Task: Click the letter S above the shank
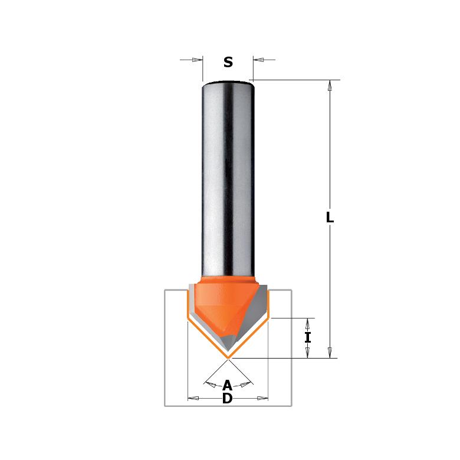click(x=228, y=63)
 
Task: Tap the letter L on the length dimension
click(x=330, y=218)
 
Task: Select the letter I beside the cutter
click(x=307, y=338)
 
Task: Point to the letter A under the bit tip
click(x=228, y=386)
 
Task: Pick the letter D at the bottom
click(x=228, y=399)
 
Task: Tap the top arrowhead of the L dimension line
click(x=330, y=86)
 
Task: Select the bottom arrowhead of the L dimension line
click(x=330, y=352)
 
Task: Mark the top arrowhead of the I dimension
click(x=307, y=324)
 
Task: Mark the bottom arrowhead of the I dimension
click(x=307, y=352)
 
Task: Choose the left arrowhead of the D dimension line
click(x=193, y=399)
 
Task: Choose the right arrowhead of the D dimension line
click(x=262, y=399)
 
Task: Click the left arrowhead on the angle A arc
click(x=210, y=383)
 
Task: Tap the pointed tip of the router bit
click(x=228, y=356)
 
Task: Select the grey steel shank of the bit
click(x=228, y=177)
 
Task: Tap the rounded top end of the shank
click(x=228, y=83)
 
